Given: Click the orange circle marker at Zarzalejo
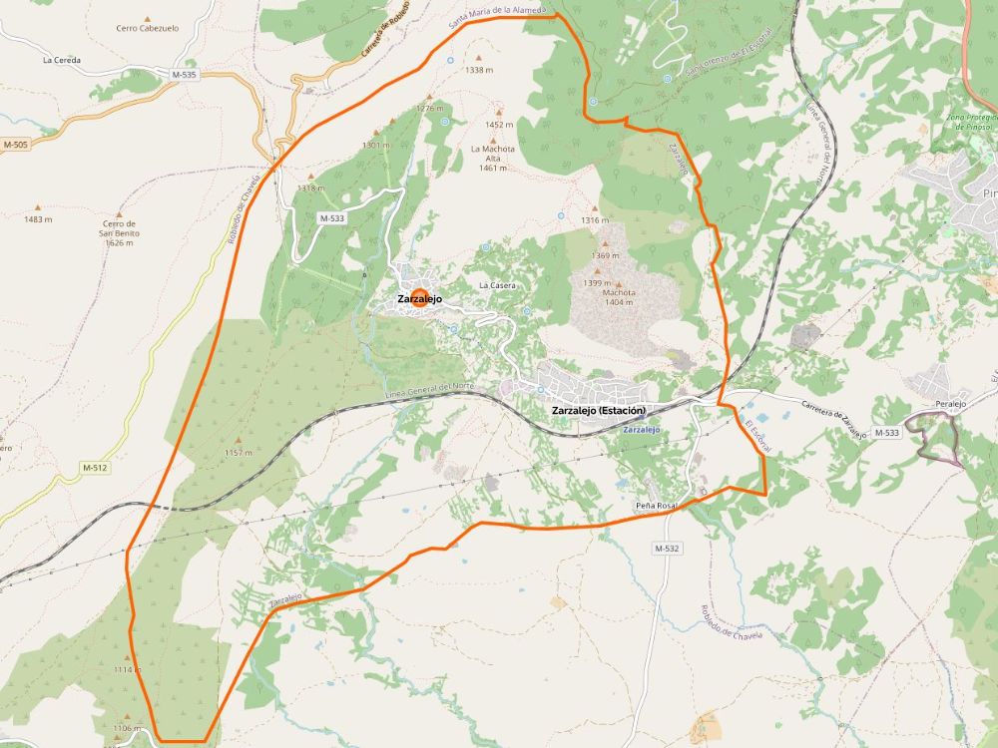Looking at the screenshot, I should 420,295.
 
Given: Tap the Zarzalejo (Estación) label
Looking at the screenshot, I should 599,411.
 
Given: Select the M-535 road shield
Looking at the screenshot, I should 184,75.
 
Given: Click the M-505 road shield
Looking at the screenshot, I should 15,145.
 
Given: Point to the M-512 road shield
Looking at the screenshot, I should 95,468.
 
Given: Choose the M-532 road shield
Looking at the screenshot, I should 667,549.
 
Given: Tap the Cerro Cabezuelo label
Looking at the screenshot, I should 147,28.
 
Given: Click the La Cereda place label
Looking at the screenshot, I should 62,60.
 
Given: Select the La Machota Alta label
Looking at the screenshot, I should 493,158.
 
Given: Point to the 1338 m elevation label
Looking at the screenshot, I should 479,70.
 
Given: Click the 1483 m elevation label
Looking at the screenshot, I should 38,219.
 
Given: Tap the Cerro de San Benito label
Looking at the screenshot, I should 119,233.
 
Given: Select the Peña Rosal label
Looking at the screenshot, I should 656,507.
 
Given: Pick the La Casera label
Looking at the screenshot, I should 497,285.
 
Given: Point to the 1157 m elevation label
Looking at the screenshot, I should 239,453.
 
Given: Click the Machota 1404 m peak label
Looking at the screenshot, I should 619,296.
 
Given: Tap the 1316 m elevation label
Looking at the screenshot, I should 595,220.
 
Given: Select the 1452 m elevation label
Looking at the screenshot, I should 499,125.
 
